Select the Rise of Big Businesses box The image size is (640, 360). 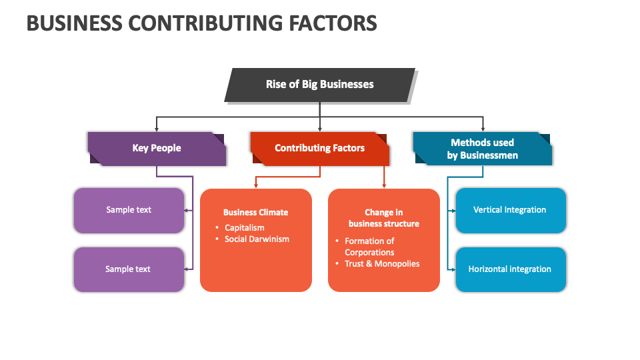pos(319,85)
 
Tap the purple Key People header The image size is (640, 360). pos(157,148)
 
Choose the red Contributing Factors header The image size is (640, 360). pos(319,148)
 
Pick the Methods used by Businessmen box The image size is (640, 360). pos(482,149)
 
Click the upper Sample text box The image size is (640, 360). pos(129,210)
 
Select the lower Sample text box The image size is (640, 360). pos(129,269)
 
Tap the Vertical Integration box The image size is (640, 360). pos(510,210)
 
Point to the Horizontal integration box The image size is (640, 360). pos(510,269)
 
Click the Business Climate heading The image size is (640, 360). pos(256,213)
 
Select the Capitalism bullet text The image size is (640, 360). pos(245,228)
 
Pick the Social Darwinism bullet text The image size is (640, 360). pos(257,239)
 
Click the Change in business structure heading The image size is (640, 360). pos(384,218)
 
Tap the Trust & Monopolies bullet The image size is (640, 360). pos(382,264)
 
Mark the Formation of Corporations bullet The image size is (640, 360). pos(370,247)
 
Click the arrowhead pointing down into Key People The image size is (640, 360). pos(157,128)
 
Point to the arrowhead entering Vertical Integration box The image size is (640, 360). pos(453,210)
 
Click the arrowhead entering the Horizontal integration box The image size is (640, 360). pos(453,269)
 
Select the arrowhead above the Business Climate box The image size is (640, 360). pos(256,185)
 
